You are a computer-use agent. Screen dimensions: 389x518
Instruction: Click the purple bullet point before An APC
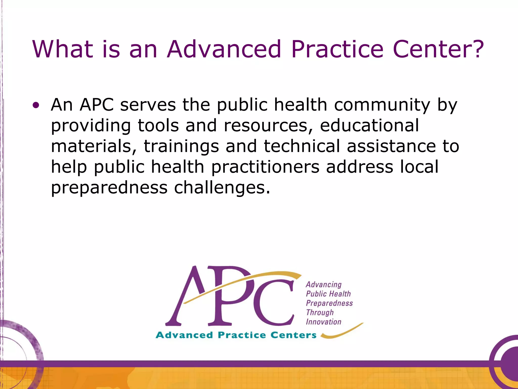tap(36, 105)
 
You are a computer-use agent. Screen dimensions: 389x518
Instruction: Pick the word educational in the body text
tap(370, 126)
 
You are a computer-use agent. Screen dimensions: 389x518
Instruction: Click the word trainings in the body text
tap(181, 146)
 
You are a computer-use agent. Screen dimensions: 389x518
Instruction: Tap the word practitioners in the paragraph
tap(265, 167)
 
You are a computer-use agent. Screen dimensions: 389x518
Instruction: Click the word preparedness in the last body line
tap(109, 188)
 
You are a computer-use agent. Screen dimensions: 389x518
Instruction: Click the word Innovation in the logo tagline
tap(323, 322)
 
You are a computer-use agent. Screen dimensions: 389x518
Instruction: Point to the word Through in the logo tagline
tap(320, 313)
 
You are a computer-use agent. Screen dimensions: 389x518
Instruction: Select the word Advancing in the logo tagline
tap(323, 285)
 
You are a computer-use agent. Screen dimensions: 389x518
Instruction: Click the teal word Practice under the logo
tap(242, 335)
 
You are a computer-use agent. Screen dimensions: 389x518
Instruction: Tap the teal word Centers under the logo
tap(293, 335)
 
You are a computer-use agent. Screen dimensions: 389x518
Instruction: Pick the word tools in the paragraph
tap(158, 126)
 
